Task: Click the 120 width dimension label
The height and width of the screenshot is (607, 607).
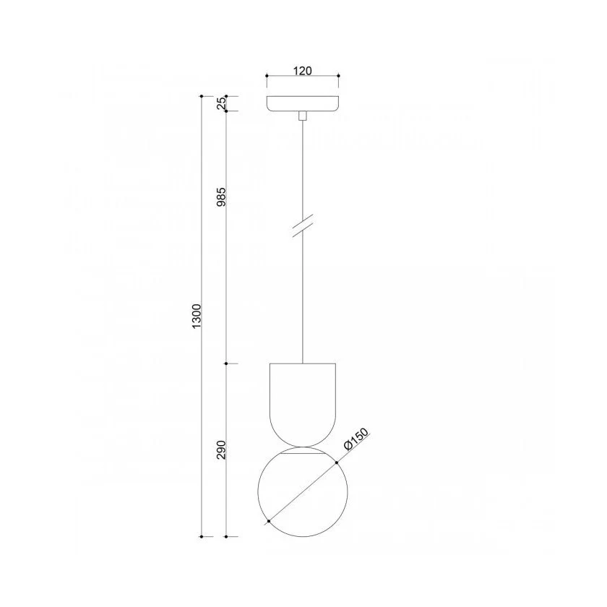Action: pyautogui.click(x=302, y=71)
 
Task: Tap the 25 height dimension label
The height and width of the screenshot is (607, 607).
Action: pyautogui.click(x=221, y=103)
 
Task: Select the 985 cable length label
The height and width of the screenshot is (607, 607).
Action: pyautogui.click(x=221, y=197)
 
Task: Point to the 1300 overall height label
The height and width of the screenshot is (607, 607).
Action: pyautogui.click(x=197, y=317)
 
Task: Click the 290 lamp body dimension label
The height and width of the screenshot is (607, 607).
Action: pyautogui.click(x=221, y=449)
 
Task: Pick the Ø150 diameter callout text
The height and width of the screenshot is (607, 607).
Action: pyautogui.click(x=356, y=439)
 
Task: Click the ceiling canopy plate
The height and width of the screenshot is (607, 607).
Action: pyautogui.click(x=303, y=104)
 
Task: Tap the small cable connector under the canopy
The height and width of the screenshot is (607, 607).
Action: pyautogui.click(x=303, y=116)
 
